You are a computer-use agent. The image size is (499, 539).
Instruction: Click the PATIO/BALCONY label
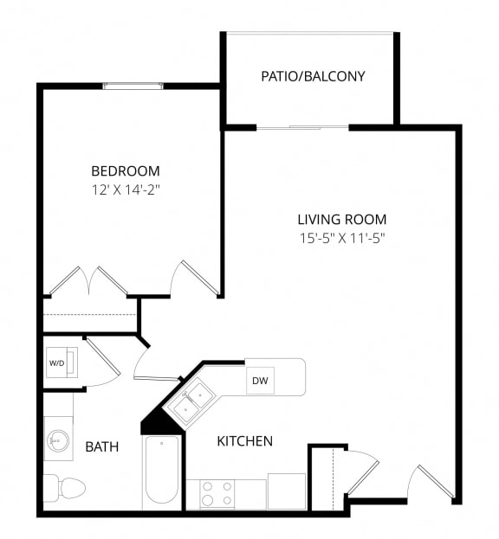pos(313,76)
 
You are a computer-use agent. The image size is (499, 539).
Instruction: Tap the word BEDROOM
pos(126,171)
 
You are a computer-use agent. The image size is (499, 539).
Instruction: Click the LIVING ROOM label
pos(342,220)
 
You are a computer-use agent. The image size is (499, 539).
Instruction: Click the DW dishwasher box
pos(259,381)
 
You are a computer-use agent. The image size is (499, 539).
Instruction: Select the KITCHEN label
pos(244,441)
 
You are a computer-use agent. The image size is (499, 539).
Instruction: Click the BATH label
pos(101,447)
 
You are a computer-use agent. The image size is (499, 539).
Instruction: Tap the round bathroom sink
pos(58,440)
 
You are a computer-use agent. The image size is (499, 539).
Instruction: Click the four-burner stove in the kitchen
pos(216,493)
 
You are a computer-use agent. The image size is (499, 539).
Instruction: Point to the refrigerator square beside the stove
pos(286,491)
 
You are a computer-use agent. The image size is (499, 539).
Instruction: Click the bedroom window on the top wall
pos(133,86)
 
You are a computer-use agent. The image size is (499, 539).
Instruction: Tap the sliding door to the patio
pos(303,128)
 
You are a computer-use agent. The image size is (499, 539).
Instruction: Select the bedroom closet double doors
pos(88,281)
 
